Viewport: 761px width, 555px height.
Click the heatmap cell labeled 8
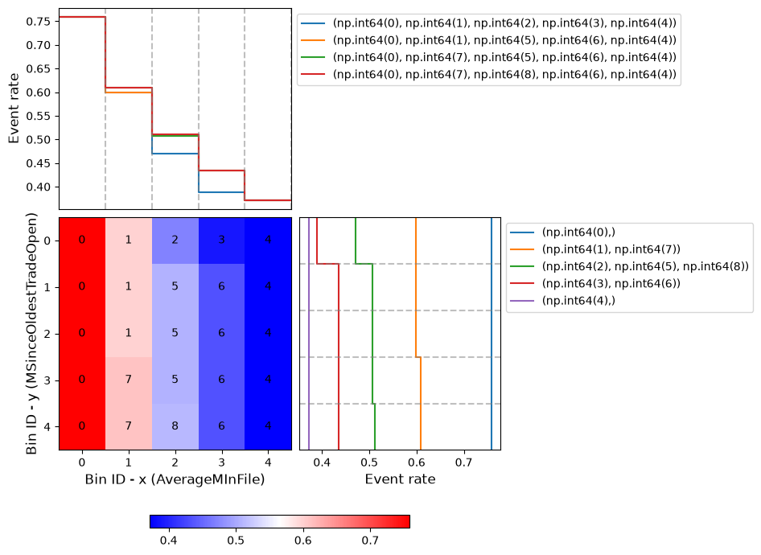pos(175,426)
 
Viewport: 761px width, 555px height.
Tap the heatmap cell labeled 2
pos(175,240)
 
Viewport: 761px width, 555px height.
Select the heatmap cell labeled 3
pos(221,240)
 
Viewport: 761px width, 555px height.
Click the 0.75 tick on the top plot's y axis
pos(38,22)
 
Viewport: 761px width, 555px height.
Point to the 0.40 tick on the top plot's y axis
pos(38,187)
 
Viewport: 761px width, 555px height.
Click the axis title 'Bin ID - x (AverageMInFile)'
pos(175,479)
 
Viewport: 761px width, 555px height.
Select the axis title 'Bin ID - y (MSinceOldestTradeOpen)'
pos(31,333)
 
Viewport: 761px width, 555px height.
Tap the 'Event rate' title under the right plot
pos(400,479)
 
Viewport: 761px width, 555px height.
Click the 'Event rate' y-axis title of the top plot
pos(14,109)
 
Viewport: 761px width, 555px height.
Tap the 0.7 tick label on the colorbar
pos(370,541)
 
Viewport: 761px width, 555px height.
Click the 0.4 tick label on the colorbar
pos(168,541)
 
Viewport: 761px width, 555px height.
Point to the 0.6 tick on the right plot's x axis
pos(417,462)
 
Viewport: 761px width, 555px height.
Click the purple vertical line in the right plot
pos(309,334)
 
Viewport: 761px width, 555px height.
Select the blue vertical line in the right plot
pos(492,334)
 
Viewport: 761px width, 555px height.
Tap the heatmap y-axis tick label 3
pos(47,380)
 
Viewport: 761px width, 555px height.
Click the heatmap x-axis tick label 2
pos(175,462)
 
